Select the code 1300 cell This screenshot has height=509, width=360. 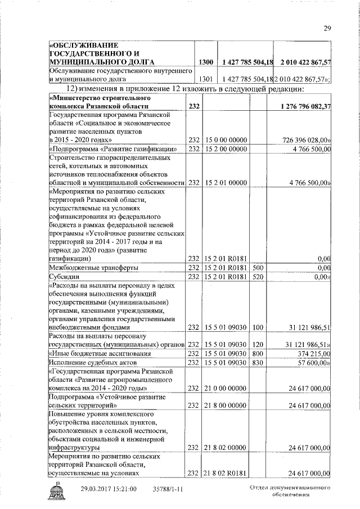click(x=205, y=61)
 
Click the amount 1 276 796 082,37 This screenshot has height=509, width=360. click(x=303, y=106)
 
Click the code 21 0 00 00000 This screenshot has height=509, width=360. click(x=226, y=388)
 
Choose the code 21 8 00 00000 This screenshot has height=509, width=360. click(x=226, y=405)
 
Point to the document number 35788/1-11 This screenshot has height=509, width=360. click(x=168, y=490)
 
